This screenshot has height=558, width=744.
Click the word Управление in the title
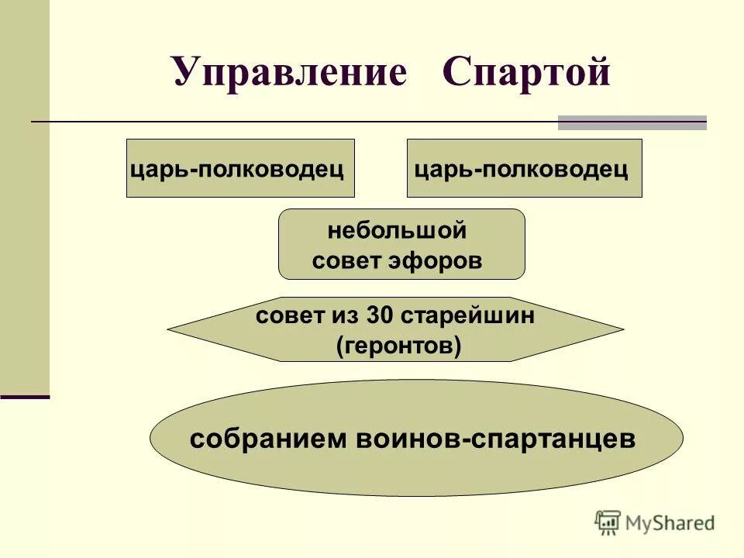[289, 73]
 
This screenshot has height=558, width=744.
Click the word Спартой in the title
[526, 73]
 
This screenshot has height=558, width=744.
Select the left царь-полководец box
[240, 169]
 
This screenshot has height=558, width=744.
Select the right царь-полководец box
[524, 169]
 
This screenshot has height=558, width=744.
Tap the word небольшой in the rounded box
[397, 231]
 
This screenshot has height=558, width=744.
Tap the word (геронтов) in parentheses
[398, 346]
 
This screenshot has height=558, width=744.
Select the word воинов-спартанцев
[496, 439]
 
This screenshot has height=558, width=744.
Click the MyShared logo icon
[608, 522]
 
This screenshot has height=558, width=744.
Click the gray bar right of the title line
[632, 122]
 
